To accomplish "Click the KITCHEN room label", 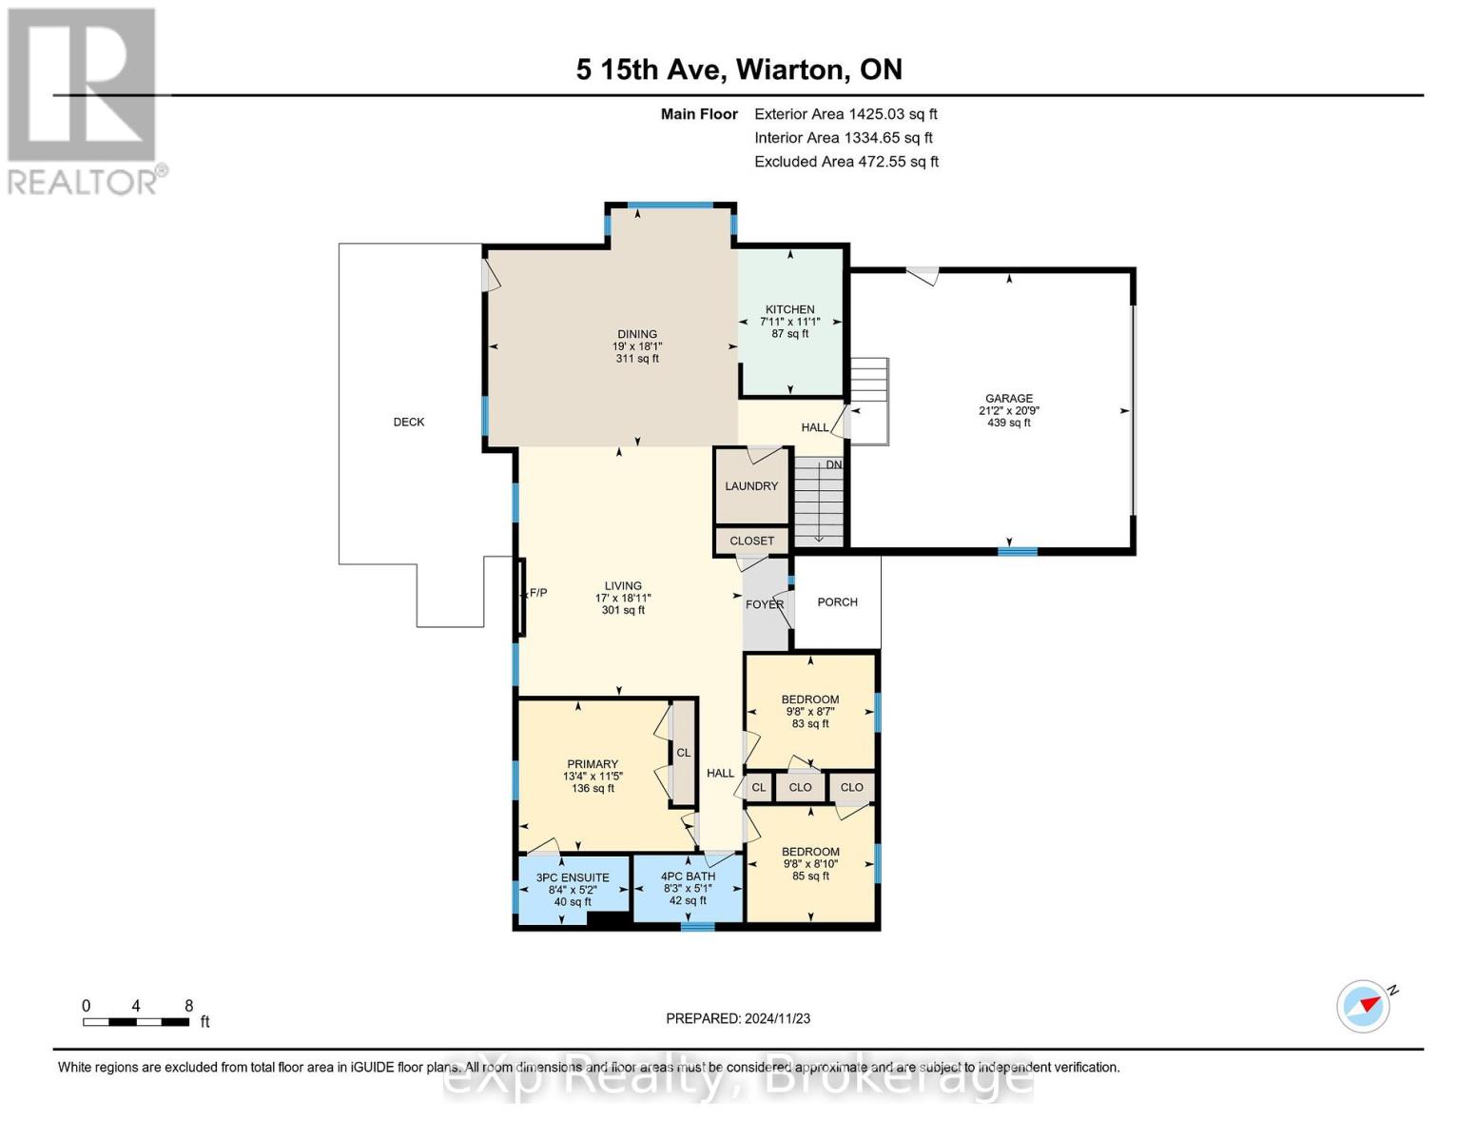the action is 789,309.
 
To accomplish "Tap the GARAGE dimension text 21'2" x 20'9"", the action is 1009,410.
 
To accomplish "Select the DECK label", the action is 409,422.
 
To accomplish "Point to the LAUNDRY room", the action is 751,485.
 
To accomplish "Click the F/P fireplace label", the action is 538,593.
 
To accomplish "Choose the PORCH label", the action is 837,602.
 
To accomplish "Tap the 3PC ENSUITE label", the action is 573,877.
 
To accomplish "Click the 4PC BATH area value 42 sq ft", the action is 688,900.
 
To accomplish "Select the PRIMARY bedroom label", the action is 593,764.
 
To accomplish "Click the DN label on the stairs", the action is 834,464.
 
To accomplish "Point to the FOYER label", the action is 765,604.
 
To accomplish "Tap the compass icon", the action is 1363,1007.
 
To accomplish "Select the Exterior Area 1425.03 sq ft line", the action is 845,114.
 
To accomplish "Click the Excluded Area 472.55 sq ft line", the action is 846,162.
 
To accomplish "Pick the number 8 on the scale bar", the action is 189,1005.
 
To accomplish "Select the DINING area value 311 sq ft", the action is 637,359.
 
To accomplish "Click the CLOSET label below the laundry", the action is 751,541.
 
